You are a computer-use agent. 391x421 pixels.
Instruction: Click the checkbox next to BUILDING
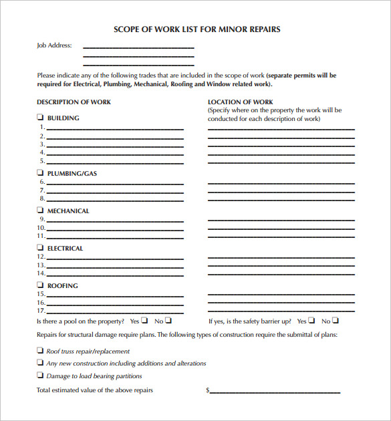point(39,118)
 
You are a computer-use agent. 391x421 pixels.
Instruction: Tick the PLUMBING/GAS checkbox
point(39,174)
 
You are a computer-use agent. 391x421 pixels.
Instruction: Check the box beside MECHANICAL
point(39,211)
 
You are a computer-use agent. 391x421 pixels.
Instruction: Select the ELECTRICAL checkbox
point(39,249)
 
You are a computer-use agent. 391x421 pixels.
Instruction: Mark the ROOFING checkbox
point(39,286)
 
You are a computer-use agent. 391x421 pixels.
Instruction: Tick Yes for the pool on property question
point(144,321)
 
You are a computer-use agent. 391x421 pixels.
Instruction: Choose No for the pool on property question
point(168,321)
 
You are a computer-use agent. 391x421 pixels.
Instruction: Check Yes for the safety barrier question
point(311,321)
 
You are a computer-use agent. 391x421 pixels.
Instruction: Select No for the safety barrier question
point(335,321)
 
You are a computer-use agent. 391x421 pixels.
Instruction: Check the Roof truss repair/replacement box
point(39,351)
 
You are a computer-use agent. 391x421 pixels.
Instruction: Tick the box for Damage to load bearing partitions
point(39,376)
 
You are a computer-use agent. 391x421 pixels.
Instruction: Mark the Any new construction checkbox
point(39,364)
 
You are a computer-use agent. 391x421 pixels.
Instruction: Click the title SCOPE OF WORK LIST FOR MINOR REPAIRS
point(197,29)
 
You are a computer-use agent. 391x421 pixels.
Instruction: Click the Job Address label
point(54,46)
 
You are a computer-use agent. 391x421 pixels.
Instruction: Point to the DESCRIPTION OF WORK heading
point(74,102)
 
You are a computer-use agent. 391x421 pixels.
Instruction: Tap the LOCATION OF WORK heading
point(241,102)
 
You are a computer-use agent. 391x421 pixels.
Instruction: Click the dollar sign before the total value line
point(208,390)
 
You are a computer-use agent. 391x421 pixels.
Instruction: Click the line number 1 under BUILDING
point(42,127)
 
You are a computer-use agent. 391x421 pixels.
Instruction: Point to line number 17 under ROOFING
point(41,311)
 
